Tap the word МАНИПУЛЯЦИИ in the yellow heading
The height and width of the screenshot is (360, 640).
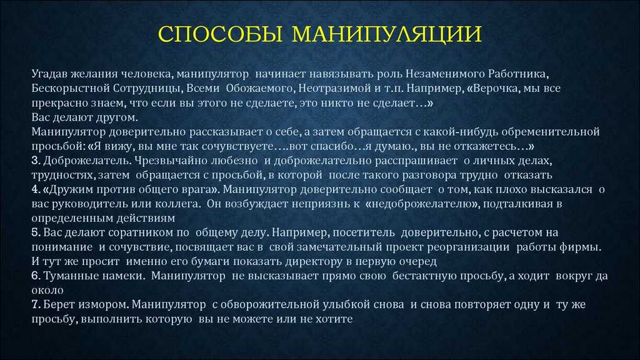click(386, 34)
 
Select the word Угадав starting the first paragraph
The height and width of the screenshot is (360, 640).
click(49, 74)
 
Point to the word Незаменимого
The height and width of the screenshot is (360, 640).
click(445, 74)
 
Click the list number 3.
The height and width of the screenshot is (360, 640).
click(36, 161)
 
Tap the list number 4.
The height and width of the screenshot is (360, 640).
click(36, 189)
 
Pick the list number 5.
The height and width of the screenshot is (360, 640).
click(36, 232)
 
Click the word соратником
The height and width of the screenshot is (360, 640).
click(136, 232)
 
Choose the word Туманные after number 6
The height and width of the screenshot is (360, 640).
click(69, 276)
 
